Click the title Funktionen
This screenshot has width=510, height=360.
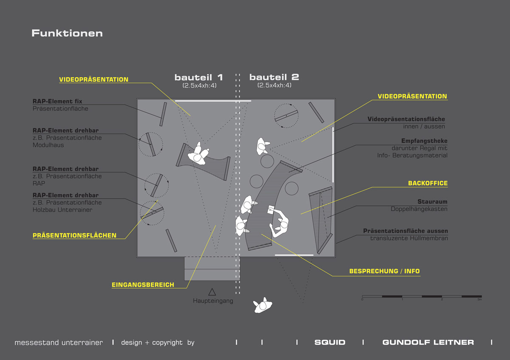click(67, 33)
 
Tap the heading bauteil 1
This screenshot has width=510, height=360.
click(199, 77)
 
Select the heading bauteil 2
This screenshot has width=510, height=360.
click(274, 77)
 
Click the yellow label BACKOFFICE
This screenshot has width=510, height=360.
click(428, 183)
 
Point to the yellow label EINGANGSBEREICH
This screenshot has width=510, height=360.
click(143, 285)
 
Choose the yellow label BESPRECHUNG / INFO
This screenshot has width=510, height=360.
click(384, 271)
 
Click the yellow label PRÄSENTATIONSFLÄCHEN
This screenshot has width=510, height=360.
click(74, 235)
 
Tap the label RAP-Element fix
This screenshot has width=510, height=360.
click(57, 101)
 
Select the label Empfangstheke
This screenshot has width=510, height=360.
click(425, 141)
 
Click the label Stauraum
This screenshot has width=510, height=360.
click(432, 201)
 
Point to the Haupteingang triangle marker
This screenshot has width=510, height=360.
click(212, 292)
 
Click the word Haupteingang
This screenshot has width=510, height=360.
click(213, 301)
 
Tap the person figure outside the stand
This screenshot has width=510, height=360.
click(263, 305)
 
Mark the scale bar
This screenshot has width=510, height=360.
click(422, 297)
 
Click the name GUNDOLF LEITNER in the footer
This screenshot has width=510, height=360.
click(428, 342)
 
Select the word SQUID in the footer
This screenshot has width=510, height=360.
click(330, 342)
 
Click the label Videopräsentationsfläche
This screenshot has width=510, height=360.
click(406, 119)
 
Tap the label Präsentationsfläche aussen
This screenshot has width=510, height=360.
click(405, 231)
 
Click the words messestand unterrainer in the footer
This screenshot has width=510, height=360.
click(59, 343)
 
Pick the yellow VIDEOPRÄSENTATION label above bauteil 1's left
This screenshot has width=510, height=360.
click(93, 79)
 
